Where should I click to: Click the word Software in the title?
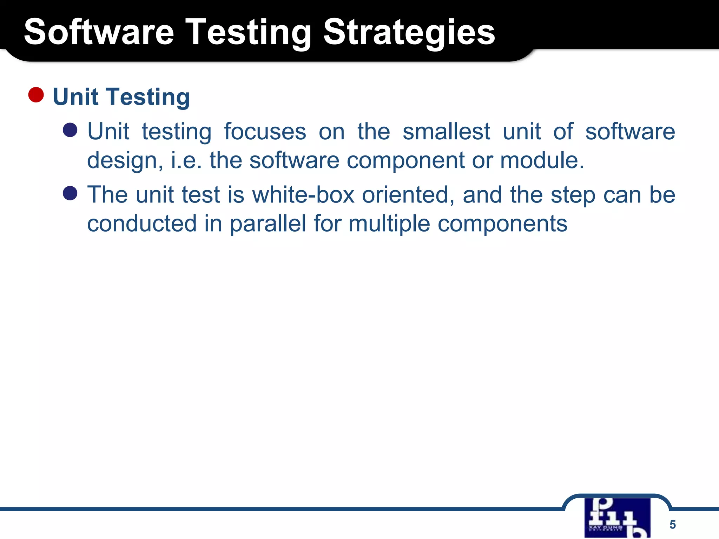[x=99, y=32]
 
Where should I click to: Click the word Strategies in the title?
[x=409, y=32]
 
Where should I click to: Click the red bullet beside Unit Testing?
[x=36, y=95]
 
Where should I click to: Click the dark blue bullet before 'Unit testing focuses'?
[x=70, y=130]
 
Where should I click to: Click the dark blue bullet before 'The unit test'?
[x=70, y=193]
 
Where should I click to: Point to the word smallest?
[x=446, y=132]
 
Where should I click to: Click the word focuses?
[x=265, y=132]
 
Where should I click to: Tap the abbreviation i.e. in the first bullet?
[x=186, y=160]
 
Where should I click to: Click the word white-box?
[x=303, y=195]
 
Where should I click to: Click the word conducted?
[x=142, y=224]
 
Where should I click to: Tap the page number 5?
[x=672, y=524]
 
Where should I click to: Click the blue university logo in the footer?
[x=617, y=518]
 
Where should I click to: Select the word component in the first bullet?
[x=405, y=160]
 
